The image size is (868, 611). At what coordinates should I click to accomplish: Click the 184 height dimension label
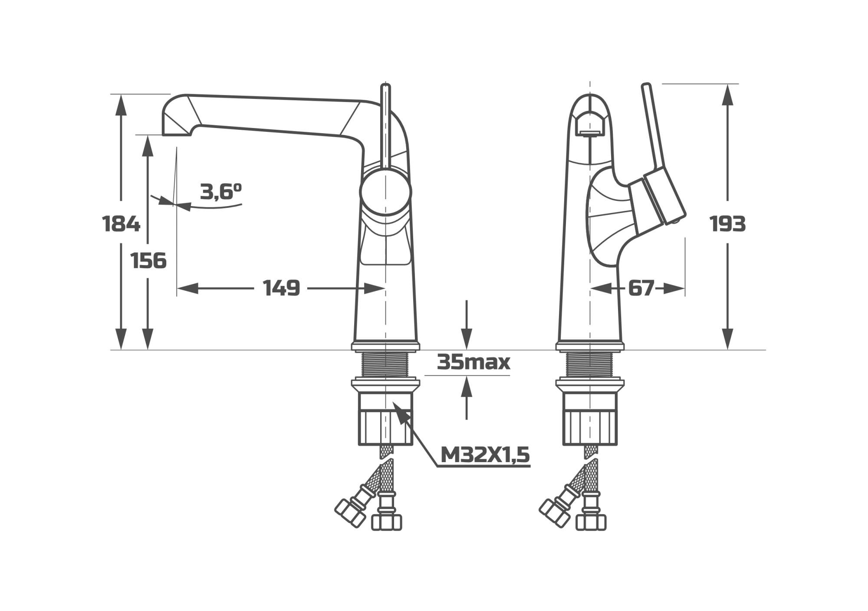pos(121,224)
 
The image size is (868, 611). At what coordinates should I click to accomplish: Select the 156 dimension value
pos(148,261)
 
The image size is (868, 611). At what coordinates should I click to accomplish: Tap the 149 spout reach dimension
pos(282,288)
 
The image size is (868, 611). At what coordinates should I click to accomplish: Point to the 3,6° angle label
pos(220,191)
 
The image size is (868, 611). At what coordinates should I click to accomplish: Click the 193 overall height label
pos(728,224)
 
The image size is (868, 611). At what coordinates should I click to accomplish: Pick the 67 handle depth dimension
pos(641,288)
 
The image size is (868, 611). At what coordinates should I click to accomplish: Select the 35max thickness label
pos(473,361)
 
